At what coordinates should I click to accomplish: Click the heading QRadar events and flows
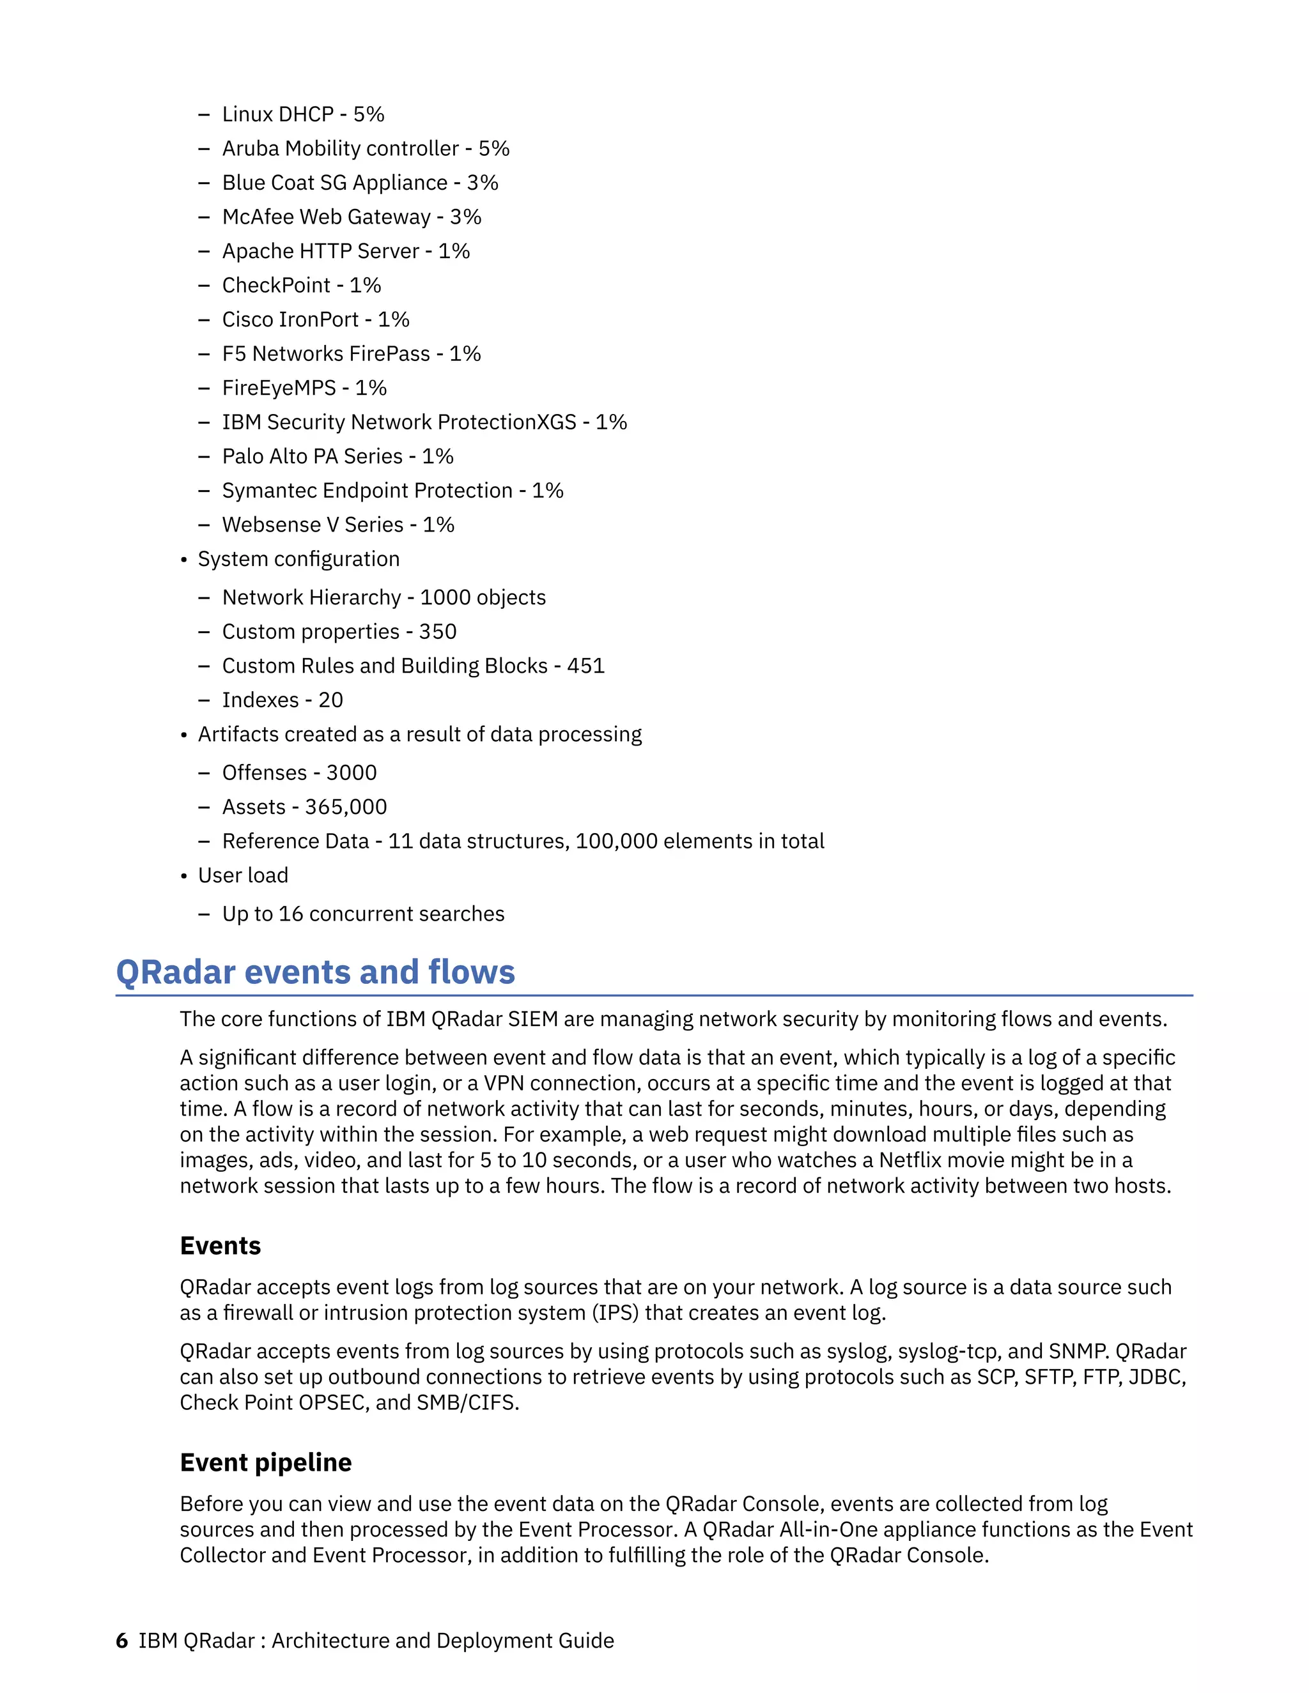click(x=315, y=972)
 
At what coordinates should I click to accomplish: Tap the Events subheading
click(x=221, y=1246)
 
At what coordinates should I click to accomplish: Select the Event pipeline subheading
click(x=265, y=1462)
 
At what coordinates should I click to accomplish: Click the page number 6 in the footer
click(x=121, y=1640)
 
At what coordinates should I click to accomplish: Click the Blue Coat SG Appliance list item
click(x=360, y=182)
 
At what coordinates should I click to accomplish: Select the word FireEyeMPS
click(x=279, y=388)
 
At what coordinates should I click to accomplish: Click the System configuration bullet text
click(x=298, y=559)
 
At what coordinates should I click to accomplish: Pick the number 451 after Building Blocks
click(x=585, y=666)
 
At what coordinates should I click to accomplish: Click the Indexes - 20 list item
click(x=283, y=700)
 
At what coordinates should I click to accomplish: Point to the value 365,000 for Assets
click(x=346, y=807)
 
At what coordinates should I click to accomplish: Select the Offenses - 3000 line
click(x=299, y=773)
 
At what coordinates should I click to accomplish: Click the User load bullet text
click(x=243, y=875)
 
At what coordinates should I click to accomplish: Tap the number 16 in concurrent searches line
click(x=291, y=914)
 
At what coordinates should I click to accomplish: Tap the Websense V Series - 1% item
click(x=337, y=525)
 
